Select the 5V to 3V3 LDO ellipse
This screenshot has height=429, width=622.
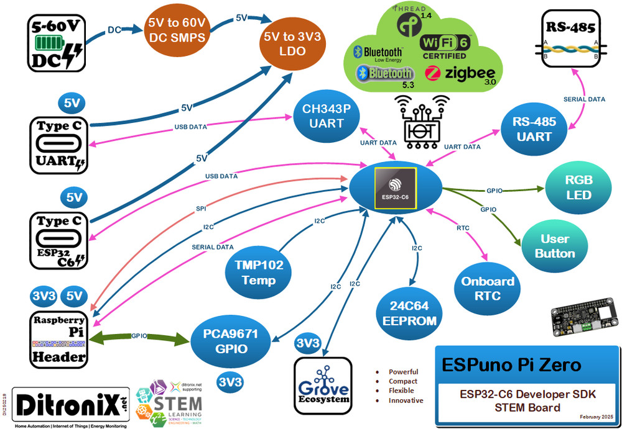pos(292,43)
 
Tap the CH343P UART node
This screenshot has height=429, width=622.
pos(327,116)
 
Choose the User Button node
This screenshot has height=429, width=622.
pos(554,246)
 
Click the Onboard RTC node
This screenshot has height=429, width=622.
pos(487,288)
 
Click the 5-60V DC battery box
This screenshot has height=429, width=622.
pos(57,42)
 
